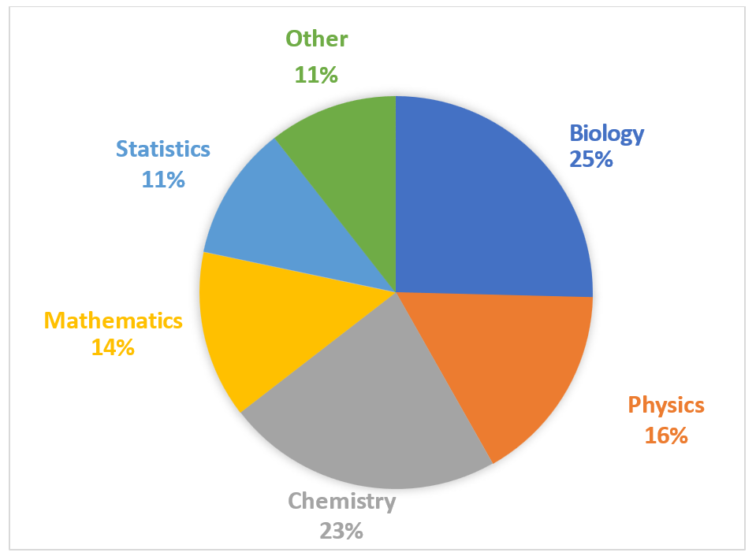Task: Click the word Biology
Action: click(x=606, y=133)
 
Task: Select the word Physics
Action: click(x=666, y=406)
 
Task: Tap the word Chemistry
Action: click(x=341, y=501)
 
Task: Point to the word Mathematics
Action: click(x=114, y=321)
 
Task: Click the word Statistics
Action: click(x=163, y=149)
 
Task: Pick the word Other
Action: click(x=316, y=39)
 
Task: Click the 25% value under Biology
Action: click(x=590, y=159)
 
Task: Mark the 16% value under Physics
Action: click(x=666, y=436)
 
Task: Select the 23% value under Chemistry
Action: click(x=341, y=531)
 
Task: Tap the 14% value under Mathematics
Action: click(x=113, y=347)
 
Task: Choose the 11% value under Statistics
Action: click(x=163, y=180)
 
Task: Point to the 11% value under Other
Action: click(x=316, y=75)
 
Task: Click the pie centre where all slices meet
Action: click(x=396, y=291)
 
